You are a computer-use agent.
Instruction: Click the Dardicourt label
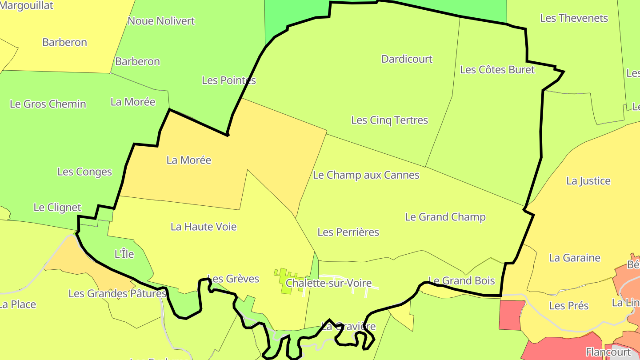[x=407, y=59]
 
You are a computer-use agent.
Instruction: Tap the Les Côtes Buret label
[x=497, y=70]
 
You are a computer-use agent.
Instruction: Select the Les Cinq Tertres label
[x=389, y=120]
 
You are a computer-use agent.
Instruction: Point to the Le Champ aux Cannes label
[x=366, y=175]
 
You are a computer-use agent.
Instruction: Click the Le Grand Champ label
[x=445, y=217]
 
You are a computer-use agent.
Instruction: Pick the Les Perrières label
[x=348, y=232]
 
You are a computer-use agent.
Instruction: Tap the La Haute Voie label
[x=204, y=227]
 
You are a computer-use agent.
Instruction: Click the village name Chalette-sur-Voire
[x=328, y=283]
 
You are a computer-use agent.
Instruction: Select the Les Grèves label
[x=233, y=279]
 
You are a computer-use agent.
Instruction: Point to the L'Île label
[x=124, y=254]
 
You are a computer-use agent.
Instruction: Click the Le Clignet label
[x=57, y=208]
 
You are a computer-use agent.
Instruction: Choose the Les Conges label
[x=84, y=172]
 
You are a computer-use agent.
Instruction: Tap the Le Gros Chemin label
[x=48, y=104]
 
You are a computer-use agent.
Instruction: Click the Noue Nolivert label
[x=161, y=21]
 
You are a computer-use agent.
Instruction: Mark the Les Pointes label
[x=228, y=80]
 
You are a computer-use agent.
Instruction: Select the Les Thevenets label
[x=574, y=18]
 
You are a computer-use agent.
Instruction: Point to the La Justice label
[x=588, y=181]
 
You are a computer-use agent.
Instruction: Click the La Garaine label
[x=575, y=258]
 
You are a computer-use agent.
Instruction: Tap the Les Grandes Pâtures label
[x=117, y=294]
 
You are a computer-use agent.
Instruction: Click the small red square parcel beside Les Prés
[x=512, y=315]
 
